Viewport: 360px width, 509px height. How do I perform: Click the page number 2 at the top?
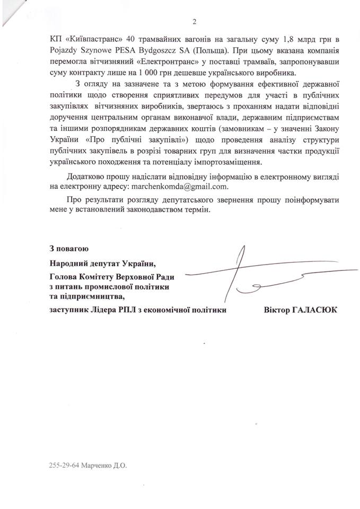pos(194,22)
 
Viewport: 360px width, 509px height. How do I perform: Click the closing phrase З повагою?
pos(66,248)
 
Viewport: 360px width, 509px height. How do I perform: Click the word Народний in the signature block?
pos(67,263)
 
